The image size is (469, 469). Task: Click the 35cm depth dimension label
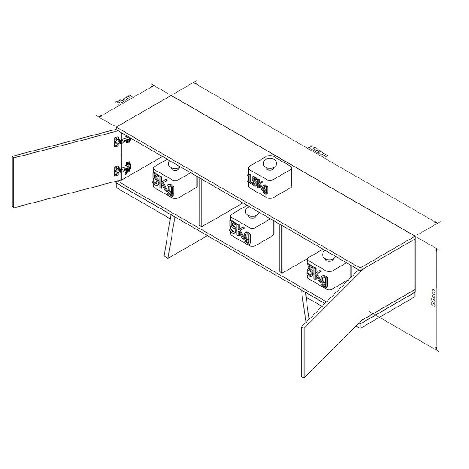pyautogui.click(x=124, y=99)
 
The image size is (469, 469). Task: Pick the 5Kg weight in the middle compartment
pyautogui.click(x=252, y=226)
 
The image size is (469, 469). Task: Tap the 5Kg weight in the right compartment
pyautogui.click(x=328, y=270)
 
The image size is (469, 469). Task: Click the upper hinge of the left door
pyautogui.click(x=122, y=141)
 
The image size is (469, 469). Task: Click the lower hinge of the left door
pyautogui.click(x=123, y=169)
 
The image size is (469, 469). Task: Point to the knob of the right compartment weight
pyautogui.click(x=329, y=256)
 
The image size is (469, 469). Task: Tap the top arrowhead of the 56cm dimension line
pyautogui.click(x=437, y=250)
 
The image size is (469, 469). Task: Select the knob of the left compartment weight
pyautogui.click(x=174, y=165)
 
